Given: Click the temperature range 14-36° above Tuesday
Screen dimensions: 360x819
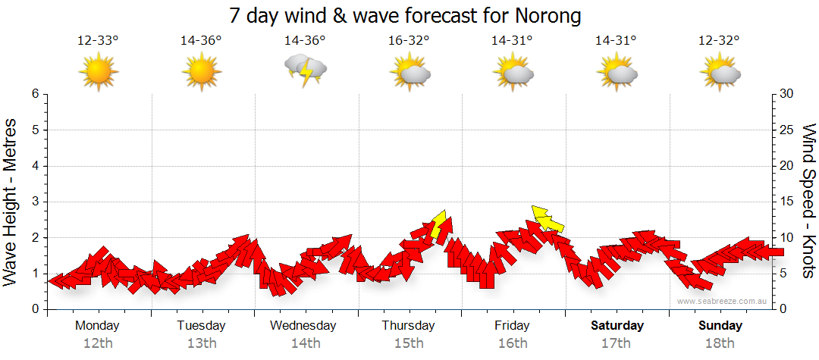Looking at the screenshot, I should pyautogui.click(x=201, y=41).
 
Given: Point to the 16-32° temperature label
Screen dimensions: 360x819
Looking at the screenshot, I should pyautogui.click(x=409, y=41).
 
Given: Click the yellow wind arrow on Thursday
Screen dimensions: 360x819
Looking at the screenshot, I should pyautogui.click(x=438, y=224).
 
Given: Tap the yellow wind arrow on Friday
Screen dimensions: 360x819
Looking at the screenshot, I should pyautogui.click(x=548, y=220).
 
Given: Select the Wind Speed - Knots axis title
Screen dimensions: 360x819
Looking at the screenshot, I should pyautogui.click(x=808, y=201).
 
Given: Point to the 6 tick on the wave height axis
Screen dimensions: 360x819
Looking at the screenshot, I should pyautogui.click(x=35, y=94).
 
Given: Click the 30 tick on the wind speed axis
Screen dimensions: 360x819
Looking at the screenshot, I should pyautogui.click(x=788, y=94).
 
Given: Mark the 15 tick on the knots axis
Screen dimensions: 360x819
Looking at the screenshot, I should pyautogui.click(x=788, y=202).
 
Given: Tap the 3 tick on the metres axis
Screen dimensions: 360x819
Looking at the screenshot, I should pyautogui.click(x=35, y=202).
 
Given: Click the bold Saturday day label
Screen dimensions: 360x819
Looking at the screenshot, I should pyautogui.click(x=617, y=326).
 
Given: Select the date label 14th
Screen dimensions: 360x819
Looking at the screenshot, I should pyautogui.click(x=306, y=343).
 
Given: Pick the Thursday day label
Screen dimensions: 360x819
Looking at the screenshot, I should pyautogui.click(x=408, y=326).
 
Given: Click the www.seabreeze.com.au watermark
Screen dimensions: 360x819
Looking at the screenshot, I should pyautogui.click(x=723, y=301).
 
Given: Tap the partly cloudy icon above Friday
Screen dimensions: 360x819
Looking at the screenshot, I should pyautogui.click(x=513, y=72).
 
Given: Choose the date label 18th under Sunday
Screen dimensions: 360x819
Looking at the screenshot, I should pyautogui.click(x=720, y=343).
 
